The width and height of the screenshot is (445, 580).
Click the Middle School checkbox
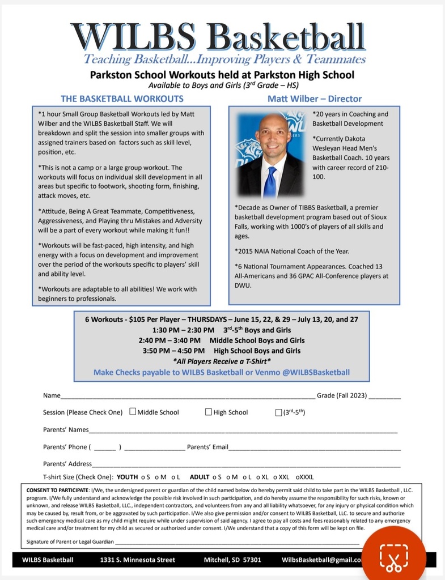pyautogui.click(x=133, y=412)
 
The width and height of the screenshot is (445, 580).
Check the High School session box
pyautogui.click(x=209, y=412)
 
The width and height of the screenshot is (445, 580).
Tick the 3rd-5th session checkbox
pyautogui.click(x=278, y=412)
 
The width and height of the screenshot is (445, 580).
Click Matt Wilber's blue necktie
pyautogui.click(x=270, y=181)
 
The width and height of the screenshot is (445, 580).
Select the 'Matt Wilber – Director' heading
pyautogui.click(x=315, y=99)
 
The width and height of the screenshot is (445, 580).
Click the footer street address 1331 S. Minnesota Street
pyautogui.click(x=138, y=560)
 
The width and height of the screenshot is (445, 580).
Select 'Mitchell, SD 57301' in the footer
pyautogui.click(x=232, y=560)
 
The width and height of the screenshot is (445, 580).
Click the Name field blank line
pyautogui.click(x=187, y=397)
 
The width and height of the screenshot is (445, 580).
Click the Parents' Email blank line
pyautogui.click(x=315, y=449)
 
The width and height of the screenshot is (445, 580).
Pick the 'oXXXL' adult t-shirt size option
pyautogui.click(x=304, y=477)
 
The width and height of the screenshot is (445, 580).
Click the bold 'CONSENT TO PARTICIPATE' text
pyautogui.click(x=57, y=489)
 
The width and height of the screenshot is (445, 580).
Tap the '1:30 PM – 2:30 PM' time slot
pyautogui.click(x=183, y=330)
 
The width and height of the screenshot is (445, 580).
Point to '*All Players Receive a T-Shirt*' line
pyautogui.click(x=222, y=361)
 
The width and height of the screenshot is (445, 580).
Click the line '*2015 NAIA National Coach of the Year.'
pyautogui.click(x=292, y=251)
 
